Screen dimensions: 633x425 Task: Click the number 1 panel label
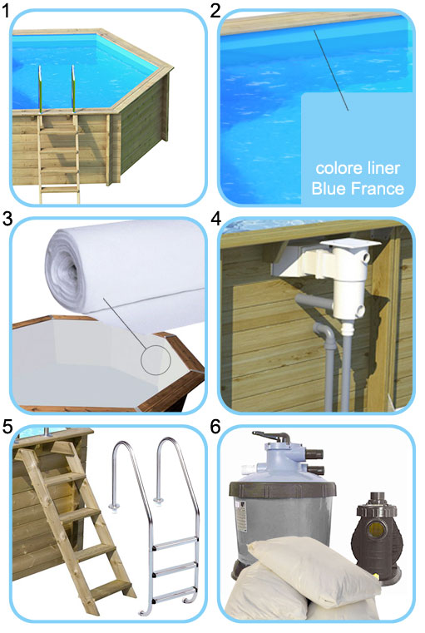point(7,11)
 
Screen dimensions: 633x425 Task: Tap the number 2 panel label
point(216,11)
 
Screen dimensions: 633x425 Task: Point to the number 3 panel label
point(7,220)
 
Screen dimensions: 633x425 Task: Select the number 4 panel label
point(216,220)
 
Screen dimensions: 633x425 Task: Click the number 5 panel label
point(7,428)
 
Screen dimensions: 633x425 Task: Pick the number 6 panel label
point(216,428)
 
